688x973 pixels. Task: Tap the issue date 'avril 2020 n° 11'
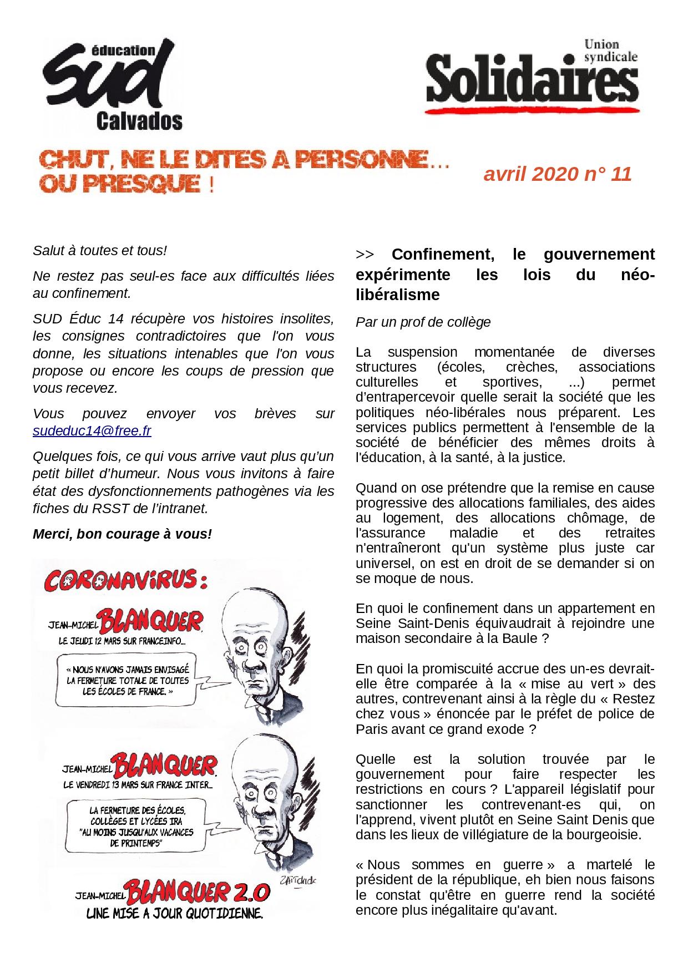[x=557, y=174]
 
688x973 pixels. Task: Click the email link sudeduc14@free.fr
[x=92, y=431]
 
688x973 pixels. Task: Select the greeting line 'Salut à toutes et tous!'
[x=100, y=250]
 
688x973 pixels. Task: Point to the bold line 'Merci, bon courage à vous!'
[x=122, y=534]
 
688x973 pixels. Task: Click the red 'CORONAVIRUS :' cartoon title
[x=126, y=580]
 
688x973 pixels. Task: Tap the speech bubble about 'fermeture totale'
[x=127, y=681]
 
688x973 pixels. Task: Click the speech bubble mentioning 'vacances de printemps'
[x=136, y=822]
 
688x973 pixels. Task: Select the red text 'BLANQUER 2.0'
[x=198, y=893]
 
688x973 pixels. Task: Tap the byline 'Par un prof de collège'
[x=423, y=322]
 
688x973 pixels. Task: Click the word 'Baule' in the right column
[x=518, y=638]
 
